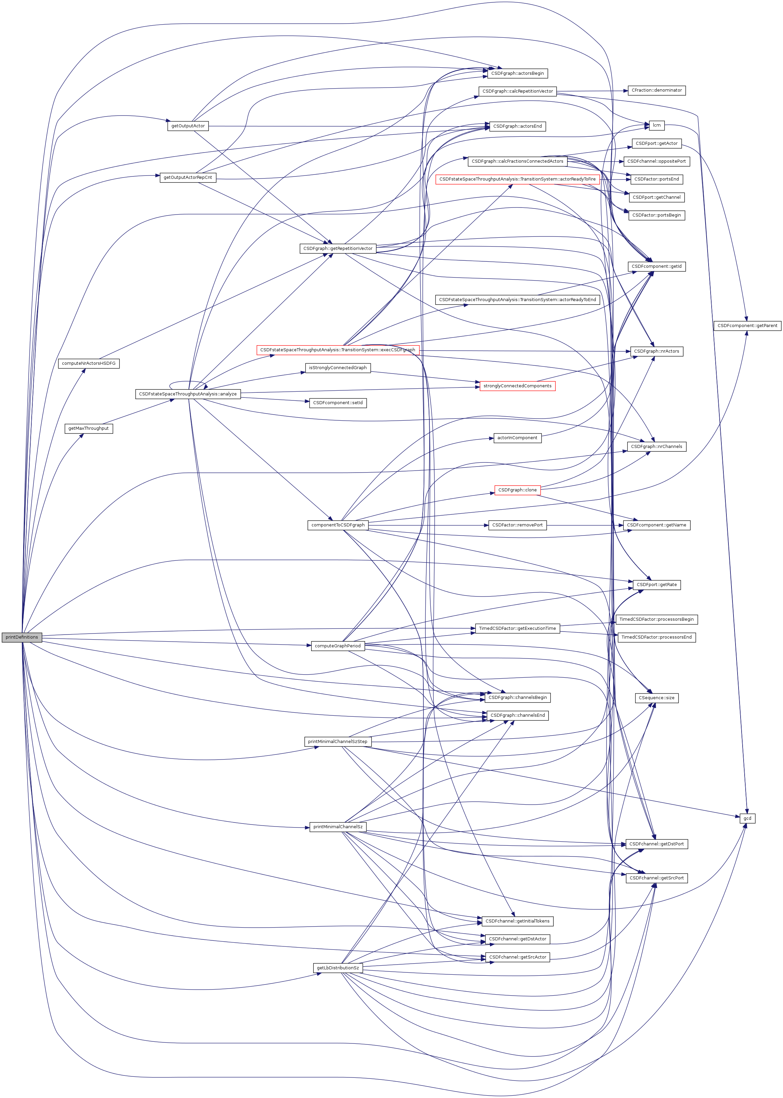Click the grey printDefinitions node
[22, 637]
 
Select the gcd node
[747, 818]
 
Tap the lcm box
[657, 125]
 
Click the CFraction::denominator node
[657, 90]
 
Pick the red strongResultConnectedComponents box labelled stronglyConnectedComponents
[517, 386]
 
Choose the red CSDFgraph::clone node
[517, 490]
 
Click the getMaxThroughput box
[89, 428]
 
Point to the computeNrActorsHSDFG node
[89, 363]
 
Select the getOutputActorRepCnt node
[188, 177]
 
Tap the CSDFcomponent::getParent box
[747, 325]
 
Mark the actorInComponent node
[517, 438]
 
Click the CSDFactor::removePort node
[517, 525]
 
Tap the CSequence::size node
[657, 698]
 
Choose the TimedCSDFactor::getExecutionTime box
[517, 628]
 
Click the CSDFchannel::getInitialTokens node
[517, 921]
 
